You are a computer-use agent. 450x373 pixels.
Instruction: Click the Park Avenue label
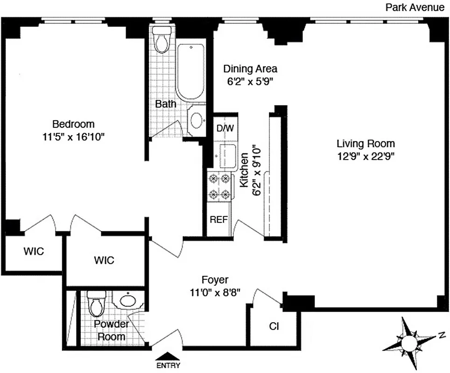click(415, 7)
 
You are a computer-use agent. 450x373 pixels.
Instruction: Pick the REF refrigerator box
click(218, 219)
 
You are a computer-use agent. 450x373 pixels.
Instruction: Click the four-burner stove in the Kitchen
click(219, 186)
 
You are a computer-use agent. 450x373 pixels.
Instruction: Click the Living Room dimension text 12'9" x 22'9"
click(367, 156)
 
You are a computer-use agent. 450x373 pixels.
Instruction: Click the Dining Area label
click(250, 69)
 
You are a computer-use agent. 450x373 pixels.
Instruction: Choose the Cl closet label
click(274, 326)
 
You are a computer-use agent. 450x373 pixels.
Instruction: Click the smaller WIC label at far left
click(34, 251)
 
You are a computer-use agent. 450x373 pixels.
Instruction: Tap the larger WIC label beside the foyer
click(104, 260)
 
